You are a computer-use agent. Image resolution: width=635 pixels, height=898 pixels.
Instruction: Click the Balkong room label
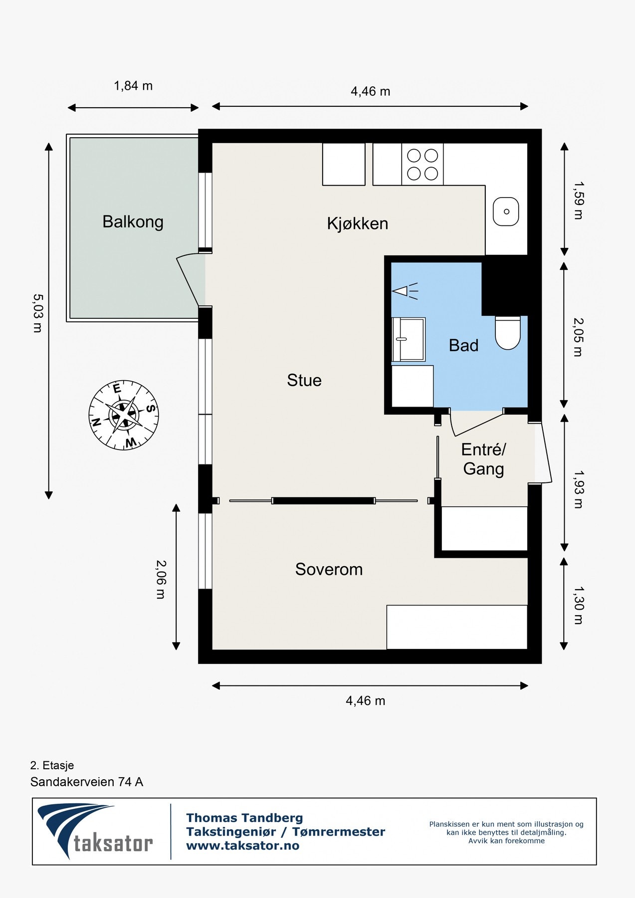133,222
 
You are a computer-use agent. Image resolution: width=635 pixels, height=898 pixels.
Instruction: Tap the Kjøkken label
358,224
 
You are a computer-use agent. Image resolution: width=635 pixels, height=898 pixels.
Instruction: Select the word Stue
304,380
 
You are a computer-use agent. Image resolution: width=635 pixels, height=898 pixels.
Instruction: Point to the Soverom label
329,569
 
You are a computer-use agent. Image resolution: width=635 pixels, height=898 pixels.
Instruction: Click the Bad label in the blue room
463,345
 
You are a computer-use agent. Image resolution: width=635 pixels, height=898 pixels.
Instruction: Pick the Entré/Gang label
483,459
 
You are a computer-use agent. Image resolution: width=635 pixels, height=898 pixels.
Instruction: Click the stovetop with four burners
423,165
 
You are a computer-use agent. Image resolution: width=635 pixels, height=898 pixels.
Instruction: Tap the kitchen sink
506,211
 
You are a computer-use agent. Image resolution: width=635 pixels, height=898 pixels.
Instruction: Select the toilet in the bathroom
508,333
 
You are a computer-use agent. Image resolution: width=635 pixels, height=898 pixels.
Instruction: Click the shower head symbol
405,290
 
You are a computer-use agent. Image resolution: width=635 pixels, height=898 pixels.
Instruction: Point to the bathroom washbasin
409,339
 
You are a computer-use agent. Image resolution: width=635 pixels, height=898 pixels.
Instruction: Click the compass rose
124,415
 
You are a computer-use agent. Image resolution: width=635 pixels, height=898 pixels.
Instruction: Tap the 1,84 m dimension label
133,86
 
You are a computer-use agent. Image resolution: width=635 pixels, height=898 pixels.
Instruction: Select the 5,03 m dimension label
37,313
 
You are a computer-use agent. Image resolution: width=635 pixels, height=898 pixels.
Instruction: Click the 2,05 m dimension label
578,337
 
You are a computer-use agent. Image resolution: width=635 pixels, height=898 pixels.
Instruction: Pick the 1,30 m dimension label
578,605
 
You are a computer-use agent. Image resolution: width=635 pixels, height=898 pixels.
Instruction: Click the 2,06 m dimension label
160,579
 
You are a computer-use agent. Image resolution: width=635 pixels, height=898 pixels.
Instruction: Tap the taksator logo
95,831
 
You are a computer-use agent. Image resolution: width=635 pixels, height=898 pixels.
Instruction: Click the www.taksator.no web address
242,845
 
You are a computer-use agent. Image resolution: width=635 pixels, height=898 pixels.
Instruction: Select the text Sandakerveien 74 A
87,782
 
